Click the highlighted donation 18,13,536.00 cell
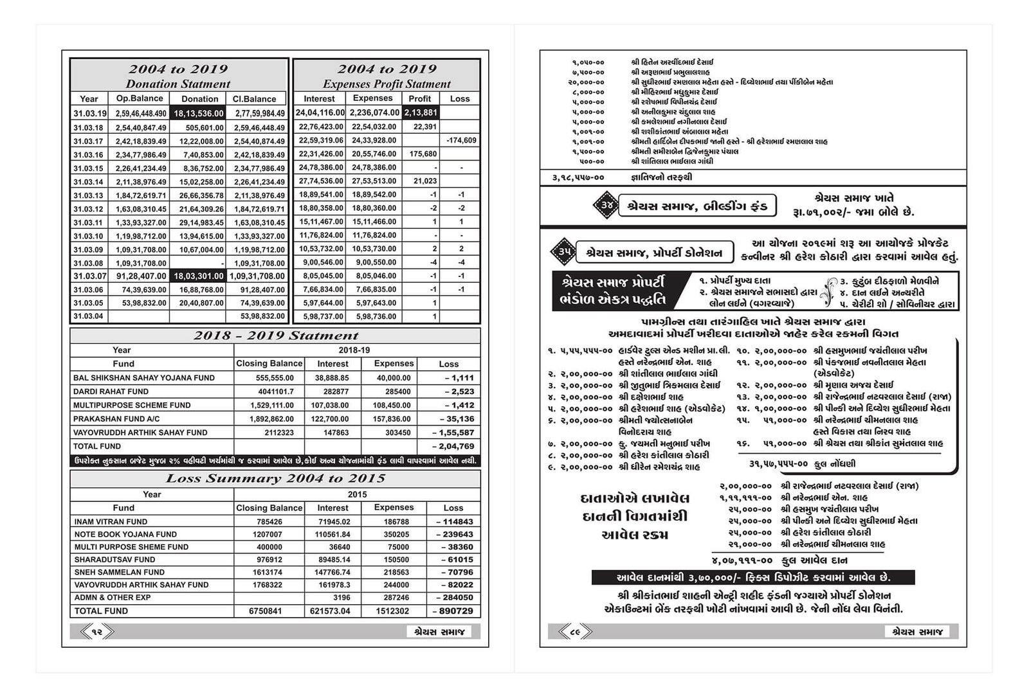[198, 113]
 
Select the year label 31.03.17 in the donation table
[88, 141]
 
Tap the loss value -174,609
[460, 140]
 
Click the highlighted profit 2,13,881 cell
[421, 112]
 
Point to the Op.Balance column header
[141, 99]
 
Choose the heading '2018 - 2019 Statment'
[275, 336]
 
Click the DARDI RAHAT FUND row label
[111, 391]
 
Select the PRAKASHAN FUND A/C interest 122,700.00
[332, 419]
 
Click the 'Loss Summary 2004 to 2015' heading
[275, 479]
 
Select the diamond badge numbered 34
[606, 206]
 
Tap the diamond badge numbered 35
[563, 253]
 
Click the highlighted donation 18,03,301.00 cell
[198, 276]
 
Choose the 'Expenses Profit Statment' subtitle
[387, 84]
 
